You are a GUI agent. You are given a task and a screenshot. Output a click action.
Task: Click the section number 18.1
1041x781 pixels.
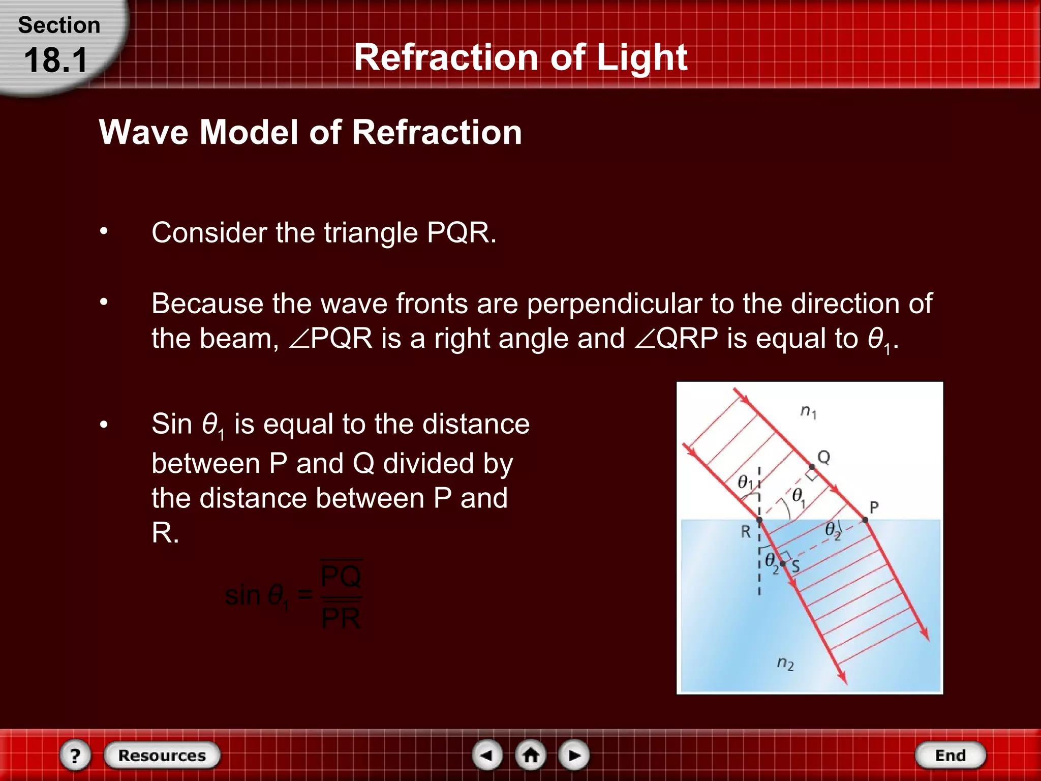coord(56,60)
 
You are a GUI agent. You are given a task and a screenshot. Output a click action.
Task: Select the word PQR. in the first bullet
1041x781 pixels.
coord(461,233)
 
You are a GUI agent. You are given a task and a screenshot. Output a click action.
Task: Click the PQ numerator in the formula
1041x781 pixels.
coord(341,576)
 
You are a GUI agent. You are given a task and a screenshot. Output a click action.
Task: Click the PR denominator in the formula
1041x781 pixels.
coord(341,618)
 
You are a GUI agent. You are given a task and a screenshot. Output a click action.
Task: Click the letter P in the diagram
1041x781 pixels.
coord(874,507)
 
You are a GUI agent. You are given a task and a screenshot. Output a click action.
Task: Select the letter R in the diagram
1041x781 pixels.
coord(746,531)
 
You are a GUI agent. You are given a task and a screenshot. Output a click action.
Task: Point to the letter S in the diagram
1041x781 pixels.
coord(795,566)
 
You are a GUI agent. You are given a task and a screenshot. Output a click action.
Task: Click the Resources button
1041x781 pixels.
coord(162,755)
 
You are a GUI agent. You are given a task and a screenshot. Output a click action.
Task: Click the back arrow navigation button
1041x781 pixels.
coord(487,755)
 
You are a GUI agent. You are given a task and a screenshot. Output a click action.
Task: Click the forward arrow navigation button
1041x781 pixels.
coord(574,755)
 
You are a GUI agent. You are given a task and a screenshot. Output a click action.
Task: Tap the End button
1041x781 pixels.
coord(950,755)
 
